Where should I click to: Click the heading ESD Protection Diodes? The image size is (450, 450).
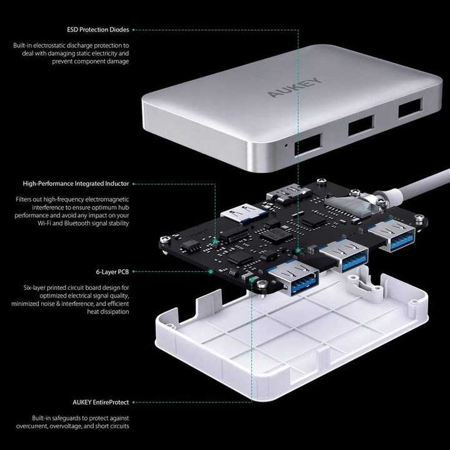[98, 30]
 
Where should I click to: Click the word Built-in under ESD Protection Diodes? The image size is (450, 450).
[25, 45]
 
